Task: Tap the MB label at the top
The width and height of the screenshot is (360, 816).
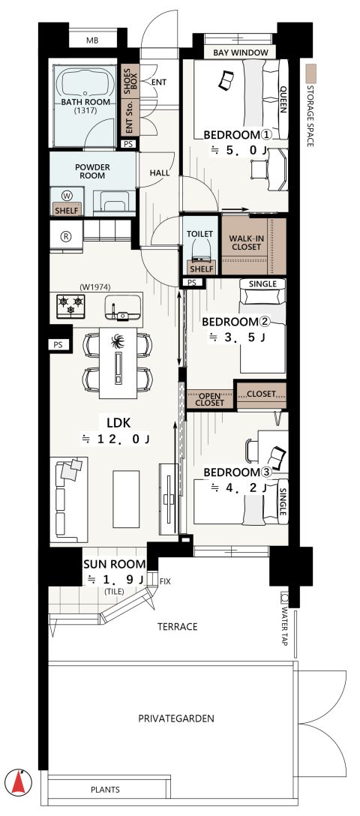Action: tap(92, 40)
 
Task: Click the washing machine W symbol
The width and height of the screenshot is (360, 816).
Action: tap(67, 195)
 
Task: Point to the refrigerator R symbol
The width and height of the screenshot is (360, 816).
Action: tap(66, 236)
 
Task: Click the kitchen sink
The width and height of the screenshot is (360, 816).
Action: tap(123, 307)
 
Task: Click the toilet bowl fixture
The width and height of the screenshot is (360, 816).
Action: tap(201, 250)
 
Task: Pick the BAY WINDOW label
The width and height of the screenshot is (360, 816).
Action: tap(241, 52)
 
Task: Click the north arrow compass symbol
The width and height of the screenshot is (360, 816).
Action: tap(19, 781)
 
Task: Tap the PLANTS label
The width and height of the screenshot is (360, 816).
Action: tap(105, 790)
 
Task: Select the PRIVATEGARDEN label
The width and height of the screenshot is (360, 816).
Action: tap(175, 718)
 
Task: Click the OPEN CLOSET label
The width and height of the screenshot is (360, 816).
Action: tap(210, 400)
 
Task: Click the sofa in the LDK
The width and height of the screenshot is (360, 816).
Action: tap(69, 499)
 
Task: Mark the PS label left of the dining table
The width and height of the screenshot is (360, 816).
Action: tap(58, 344)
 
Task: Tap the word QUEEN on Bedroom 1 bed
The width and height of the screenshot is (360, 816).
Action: tap(283, 100)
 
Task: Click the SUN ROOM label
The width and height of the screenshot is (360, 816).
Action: tap(111, 565)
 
